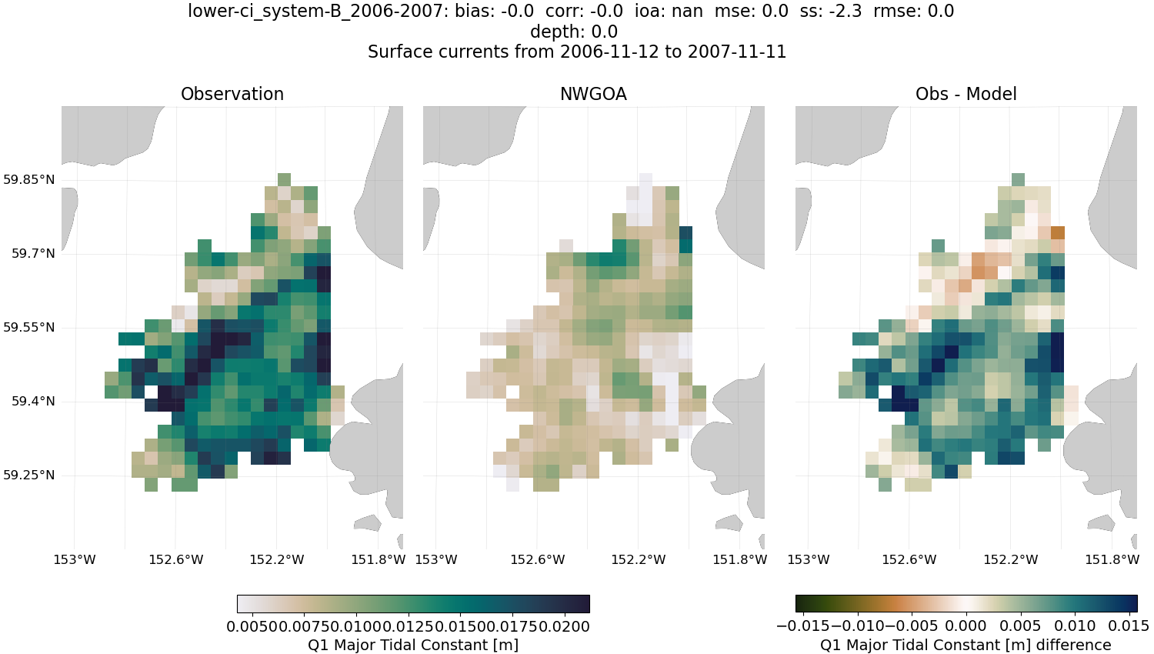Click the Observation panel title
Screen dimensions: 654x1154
(x=232, y=94)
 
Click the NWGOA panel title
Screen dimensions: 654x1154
(x=593, y=94)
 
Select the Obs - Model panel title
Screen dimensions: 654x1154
(x=966, y=94)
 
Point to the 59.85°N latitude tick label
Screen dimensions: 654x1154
(x=28, y=180)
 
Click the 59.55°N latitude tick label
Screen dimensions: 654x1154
(x=28, y=328)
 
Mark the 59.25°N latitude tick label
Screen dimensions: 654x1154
(x=28, y=475)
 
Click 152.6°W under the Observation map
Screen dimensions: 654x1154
(x=175, y=560)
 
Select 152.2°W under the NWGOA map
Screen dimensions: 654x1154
(x=638, y=560)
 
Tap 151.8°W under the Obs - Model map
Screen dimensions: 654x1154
(x=1112, y=560)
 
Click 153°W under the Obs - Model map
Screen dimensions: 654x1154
(x=809, y=560)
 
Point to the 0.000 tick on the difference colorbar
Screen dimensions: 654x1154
(x=966, y=626)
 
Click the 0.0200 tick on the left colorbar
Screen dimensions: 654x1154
(x=565, y=626)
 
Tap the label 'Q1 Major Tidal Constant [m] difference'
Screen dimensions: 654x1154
(x=966, y=645)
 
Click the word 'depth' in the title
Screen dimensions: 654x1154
(x=551, y=32)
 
